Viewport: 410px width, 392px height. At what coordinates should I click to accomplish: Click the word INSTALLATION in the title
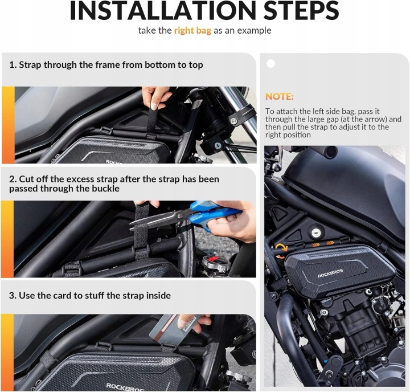(163, 10)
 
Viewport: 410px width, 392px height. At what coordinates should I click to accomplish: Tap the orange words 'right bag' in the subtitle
(192, 31)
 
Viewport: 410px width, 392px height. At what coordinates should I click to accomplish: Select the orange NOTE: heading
(280, 96)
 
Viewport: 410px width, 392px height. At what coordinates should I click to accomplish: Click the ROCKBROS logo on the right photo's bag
(330, 273)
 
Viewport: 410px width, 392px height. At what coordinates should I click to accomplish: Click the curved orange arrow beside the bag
(281, 250)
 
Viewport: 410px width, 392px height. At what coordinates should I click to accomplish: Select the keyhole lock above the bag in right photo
(316, 232)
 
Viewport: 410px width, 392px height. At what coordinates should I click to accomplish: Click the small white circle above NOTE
(270, 64)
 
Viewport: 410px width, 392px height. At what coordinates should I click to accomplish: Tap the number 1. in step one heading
(13, 65)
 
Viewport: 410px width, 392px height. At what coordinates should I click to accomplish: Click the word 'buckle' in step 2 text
(106, 189)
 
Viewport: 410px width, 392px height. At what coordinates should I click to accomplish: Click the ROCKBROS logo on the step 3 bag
(125, 387)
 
